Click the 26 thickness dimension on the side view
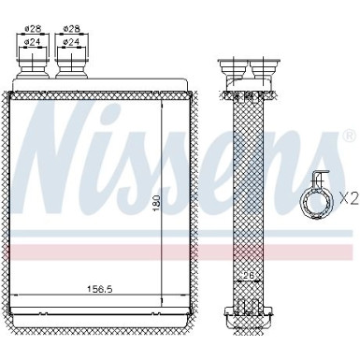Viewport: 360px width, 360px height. [248, 275]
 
